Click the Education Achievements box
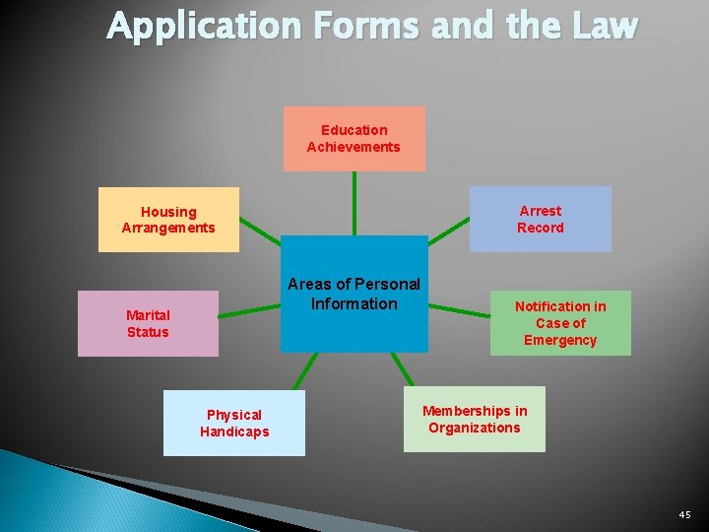click(x=354, y=139)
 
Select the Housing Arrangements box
click(x=168, y=220)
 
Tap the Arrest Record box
click(x=540, y=219)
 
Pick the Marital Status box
click(x=148, y=323)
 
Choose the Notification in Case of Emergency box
click(x=560, y=323)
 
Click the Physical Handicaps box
click(x=234, y=423)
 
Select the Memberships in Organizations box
click(x=474, y=420)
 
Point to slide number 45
click(x=684, y=514)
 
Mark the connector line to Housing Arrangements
click(x=261, y=233)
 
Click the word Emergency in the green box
click(x=560, y=340)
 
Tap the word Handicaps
click(x=234, y=432)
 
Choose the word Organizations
click(x=474, y=428)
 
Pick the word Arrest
click(x=540, y=211)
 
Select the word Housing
click(x=168, y=212)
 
